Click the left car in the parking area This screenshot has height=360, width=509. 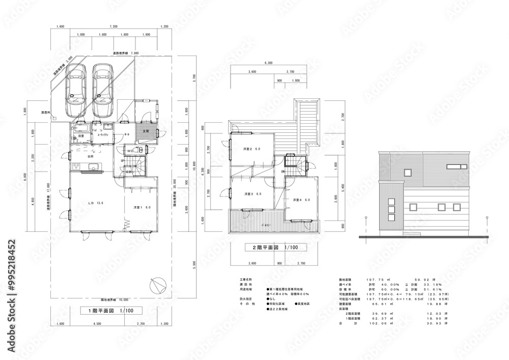click(75, 91)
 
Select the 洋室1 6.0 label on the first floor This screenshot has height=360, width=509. click(141, 208)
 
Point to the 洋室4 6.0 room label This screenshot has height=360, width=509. click(301, 200)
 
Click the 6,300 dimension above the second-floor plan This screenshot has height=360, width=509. click(268, 63)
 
